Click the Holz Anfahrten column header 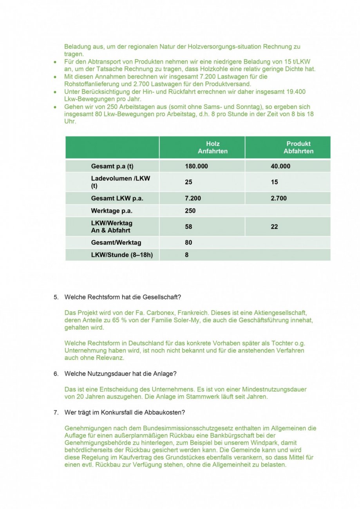tap(212, 147)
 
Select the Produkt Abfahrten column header tap(298, 147)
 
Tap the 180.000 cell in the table tap(196, 166)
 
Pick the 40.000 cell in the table tap(280, 166)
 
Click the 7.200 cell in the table tap(193, 198)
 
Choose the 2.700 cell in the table tap(279, 198)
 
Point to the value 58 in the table tap(188, 227)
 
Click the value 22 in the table tap(274, 227)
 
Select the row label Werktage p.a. tap(112, 211)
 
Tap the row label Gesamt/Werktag tap(116, 242)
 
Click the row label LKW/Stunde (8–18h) tap(122, 255)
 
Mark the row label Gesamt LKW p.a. tap(117, 198)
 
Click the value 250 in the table tap(190, 211)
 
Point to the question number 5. tap(56, 297)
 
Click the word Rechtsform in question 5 tap(101, 297)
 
